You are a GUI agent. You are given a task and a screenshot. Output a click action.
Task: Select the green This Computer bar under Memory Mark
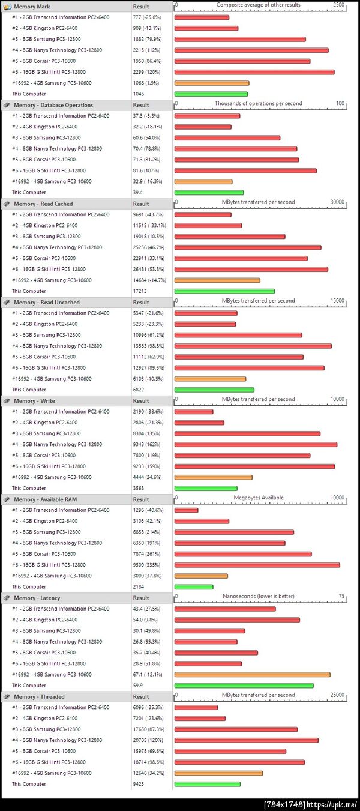pos(211,94)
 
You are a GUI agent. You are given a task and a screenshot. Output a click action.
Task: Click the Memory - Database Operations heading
pos(53,105)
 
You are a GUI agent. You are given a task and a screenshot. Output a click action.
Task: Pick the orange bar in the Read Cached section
pos(217,280)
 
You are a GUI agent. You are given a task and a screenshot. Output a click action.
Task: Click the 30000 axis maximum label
pos(337,202)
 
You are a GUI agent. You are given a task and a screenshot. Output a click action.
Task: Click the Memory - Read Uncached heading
pos(47,302)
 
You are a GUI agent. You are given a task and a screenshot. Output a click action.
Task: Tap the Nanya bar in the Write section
pos(255,445)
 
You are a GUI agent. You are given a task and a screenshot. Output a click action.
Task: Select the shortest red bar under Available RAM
pos(186,510)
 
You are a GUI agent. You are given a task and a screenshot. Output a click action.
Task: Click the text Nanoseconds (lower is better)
pos(258,596)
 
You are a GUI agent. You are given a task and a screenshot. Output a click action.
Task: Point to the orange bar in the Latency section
pos(252,675)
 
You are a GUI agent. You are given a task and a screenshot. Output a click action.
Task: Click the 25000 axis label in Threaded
pos(337,695)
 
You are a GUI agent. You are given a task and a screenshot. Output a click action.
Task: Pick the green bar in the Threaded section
pos(207,784)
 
